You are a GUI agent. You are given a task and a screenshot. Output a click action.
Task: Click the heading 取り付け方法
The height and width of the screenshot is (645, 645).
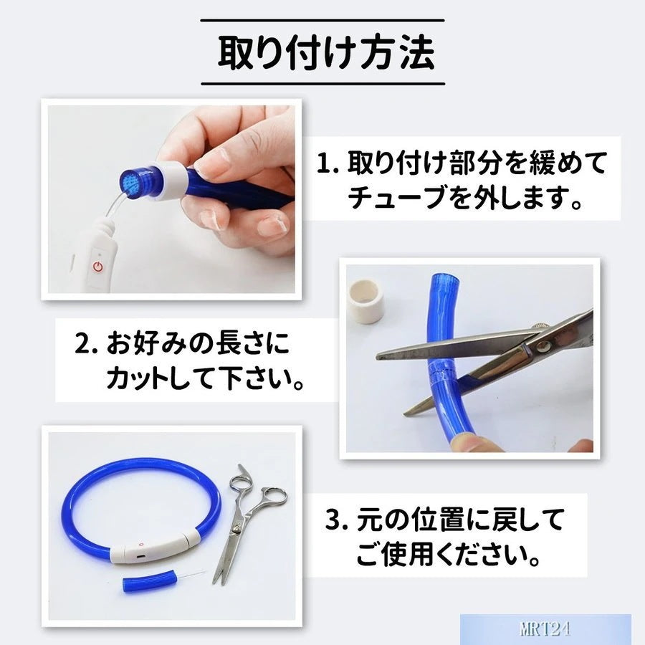(x=326, y=52)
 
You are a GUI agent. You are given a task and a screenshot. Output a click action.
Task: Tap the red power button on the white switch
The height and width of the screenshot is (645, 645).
(x=98, y=267)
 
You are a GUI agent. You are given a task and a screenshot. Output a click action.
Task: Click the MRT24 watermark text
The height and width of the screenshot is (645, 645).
(x=545, y=629)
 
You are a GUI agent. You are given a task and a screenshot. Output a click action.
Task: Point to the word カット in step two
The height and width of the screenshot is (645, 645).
(x=138, y=378)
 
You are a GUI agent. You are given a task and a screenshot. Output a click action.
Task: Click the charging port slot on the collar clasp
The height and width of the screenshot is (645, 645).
(x=141, y=556)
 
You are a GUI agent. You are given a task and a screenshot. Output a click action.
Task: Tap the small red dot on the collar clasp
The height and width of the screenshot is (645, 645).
(x=141, y=544)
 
